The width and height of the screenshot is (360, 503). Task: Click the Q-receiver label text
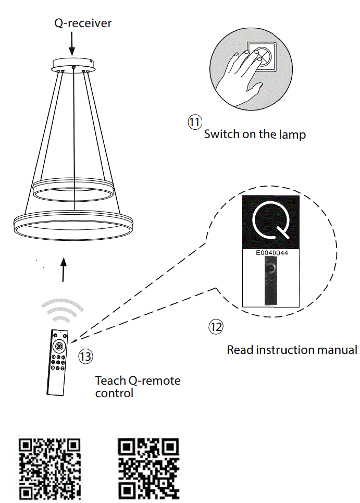tap(83, 23)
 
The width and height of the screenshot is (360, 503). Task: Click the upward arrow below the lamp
tap(63, 268)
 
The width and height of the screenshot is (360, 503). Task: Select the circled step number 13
tap(85, 357)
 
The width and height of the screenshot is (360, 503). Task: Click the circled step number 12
tap(216, 327)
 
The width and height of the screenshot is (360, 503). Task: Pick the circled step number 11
tap(194, 122)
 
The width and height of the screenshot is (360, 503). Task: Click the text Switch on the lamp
tap(254, 134)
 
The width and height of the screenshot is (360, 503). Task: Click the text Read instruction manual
tap(292, 350)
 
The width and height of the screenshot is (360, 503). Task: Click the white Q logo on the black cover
tap(271, 221)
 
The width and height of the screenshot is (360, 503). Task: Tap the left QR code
tap(50, 469)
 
